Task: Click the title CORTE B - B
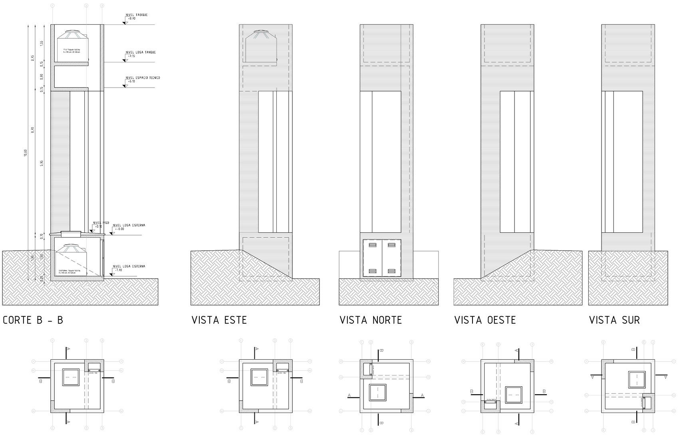pyautogui.click(x=33, y=320)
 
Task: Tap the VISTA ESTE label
pyautogui.click(x=219, y=320)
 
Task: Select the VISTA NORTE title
pyautogui.click(x=370, y=320)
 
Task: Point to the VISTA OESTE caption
pyautogui.click(x=485, y=320)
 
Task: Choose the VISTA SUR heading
pyautogui.click(x=614, y=320)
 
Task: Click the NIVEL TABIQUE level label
pyautogui.click(x=137, y=15)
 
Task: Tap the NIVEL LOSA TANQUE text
pyautogui.click(x=140, y=52)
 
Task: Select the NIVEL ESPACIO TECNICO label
pyautogui.click(x=143, y=78)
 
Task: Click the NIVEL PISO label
pyautogui.click(x=101, y=223)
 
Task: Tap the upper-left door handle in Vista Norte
pyautogui.click(x=372, y=244)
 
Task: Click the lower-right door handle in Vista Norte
pyautogui.click(x=392, y=271)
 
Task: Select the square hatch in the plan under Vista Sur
pyautogui.click(x=637, y=379)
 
